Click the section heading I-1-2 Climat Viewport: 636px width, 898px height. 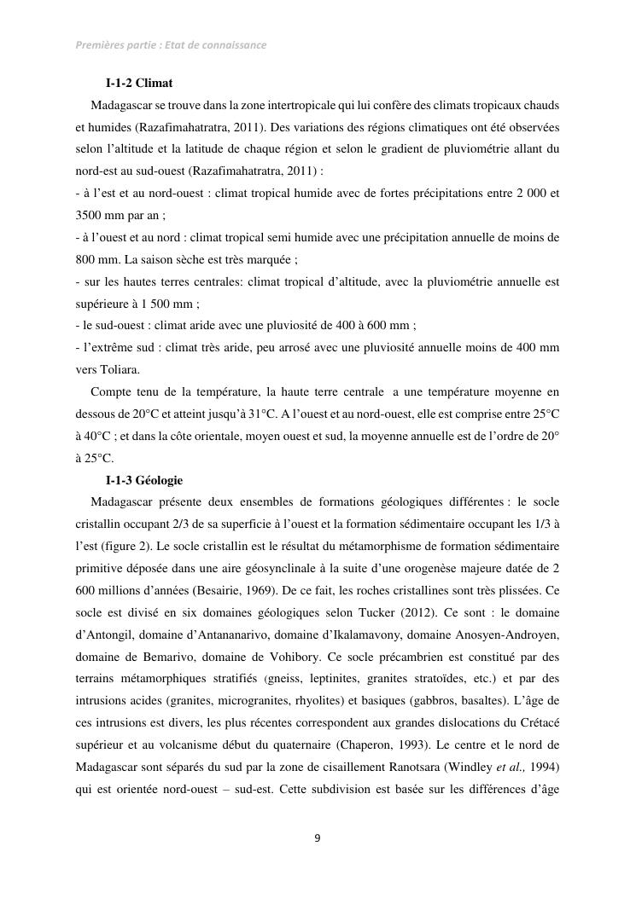(139, 84)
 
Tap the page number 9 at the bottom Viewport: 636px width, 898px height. (318, 838)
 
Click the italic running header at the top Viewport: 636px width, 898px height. (171, 44)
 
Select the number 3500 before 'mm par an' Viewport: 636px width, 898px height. (90, 216)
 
